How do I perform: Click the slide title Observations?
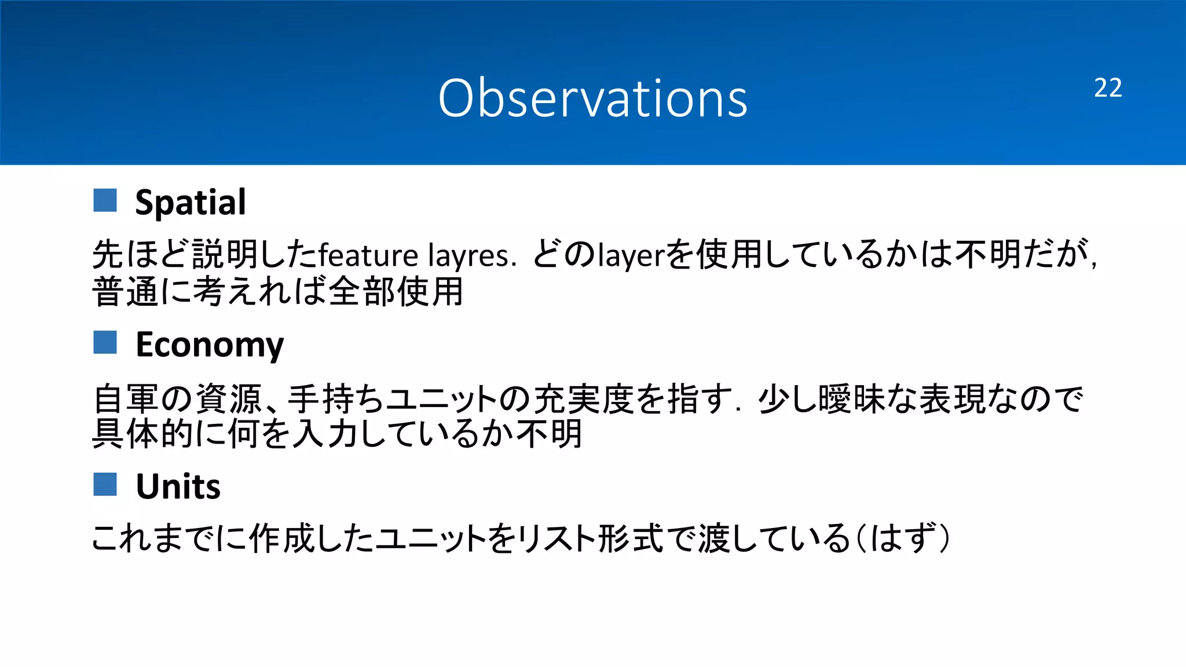pos(592,98)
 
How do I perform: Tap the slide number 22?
pos(1107,88)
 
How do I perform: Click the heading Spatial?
pos(190,202)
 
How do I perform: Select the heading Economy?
pos(209,345)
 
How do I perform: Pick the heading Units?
pos(178,486)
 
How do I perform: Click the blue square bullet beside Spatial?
pos(105,200)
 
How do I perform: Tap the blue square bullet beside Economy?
pos(105,342)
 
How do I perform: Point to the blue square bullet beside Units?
pos(105,484)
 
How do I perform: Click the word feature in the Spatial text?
pos(368,255)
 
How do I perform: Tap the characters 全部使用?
pos(396,291)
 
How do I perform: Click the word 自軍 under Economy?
pos(126,399)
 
